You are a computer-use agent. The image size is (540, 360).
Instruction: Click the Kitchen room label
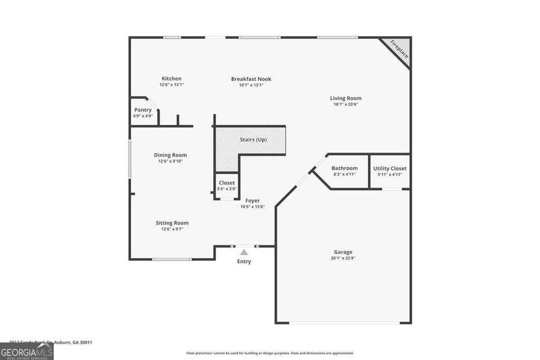point(171,79)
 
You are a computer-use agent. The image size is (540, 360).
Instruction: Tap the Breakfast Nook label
point(251,79)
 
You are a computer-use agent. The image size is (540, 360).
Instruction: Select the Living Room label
point(345,98)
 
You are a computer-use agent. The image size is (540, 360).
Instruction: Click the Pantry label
point(143,110)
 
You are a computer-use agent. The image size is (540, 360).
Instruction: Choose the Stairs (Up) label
point(254,140)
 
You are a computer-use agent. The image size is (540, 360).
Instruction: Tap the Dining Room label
point(170,155)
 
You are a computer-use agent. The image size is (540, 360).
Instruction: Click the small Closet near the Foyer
point(227,183)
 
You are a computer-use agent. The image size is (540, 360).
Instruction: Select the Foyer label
point(252,200)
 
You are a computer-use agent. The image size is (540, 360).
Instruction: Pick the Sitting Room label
point(172,223)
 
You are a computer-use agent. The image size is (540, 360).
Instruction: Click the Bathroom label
point(344,168)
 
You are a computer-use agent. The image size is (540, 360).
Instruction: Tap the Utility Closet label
point(390,168)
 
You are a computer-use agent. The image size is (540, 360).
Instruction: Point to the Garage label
point(343,252)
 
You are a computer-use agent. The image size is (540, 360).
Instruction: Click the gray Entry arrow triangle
point(244,252)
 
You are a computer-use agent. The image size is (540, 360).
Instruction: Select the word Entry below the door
point(244,261)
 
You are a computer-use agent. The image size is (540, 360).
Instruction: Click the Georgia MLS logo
point(26,351)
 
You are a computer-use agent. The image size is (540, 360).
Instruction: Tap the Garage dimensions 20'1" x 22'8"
point(343,258)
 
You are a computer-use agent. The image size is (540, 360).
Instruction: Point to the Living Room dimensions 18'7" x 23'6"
point(345,104)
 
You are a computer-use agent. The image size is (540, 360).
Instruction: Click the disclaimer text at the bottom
point(270,353)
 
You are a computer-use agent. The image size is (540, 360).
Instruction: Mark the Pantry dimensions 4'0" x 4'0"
point(143,116)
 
